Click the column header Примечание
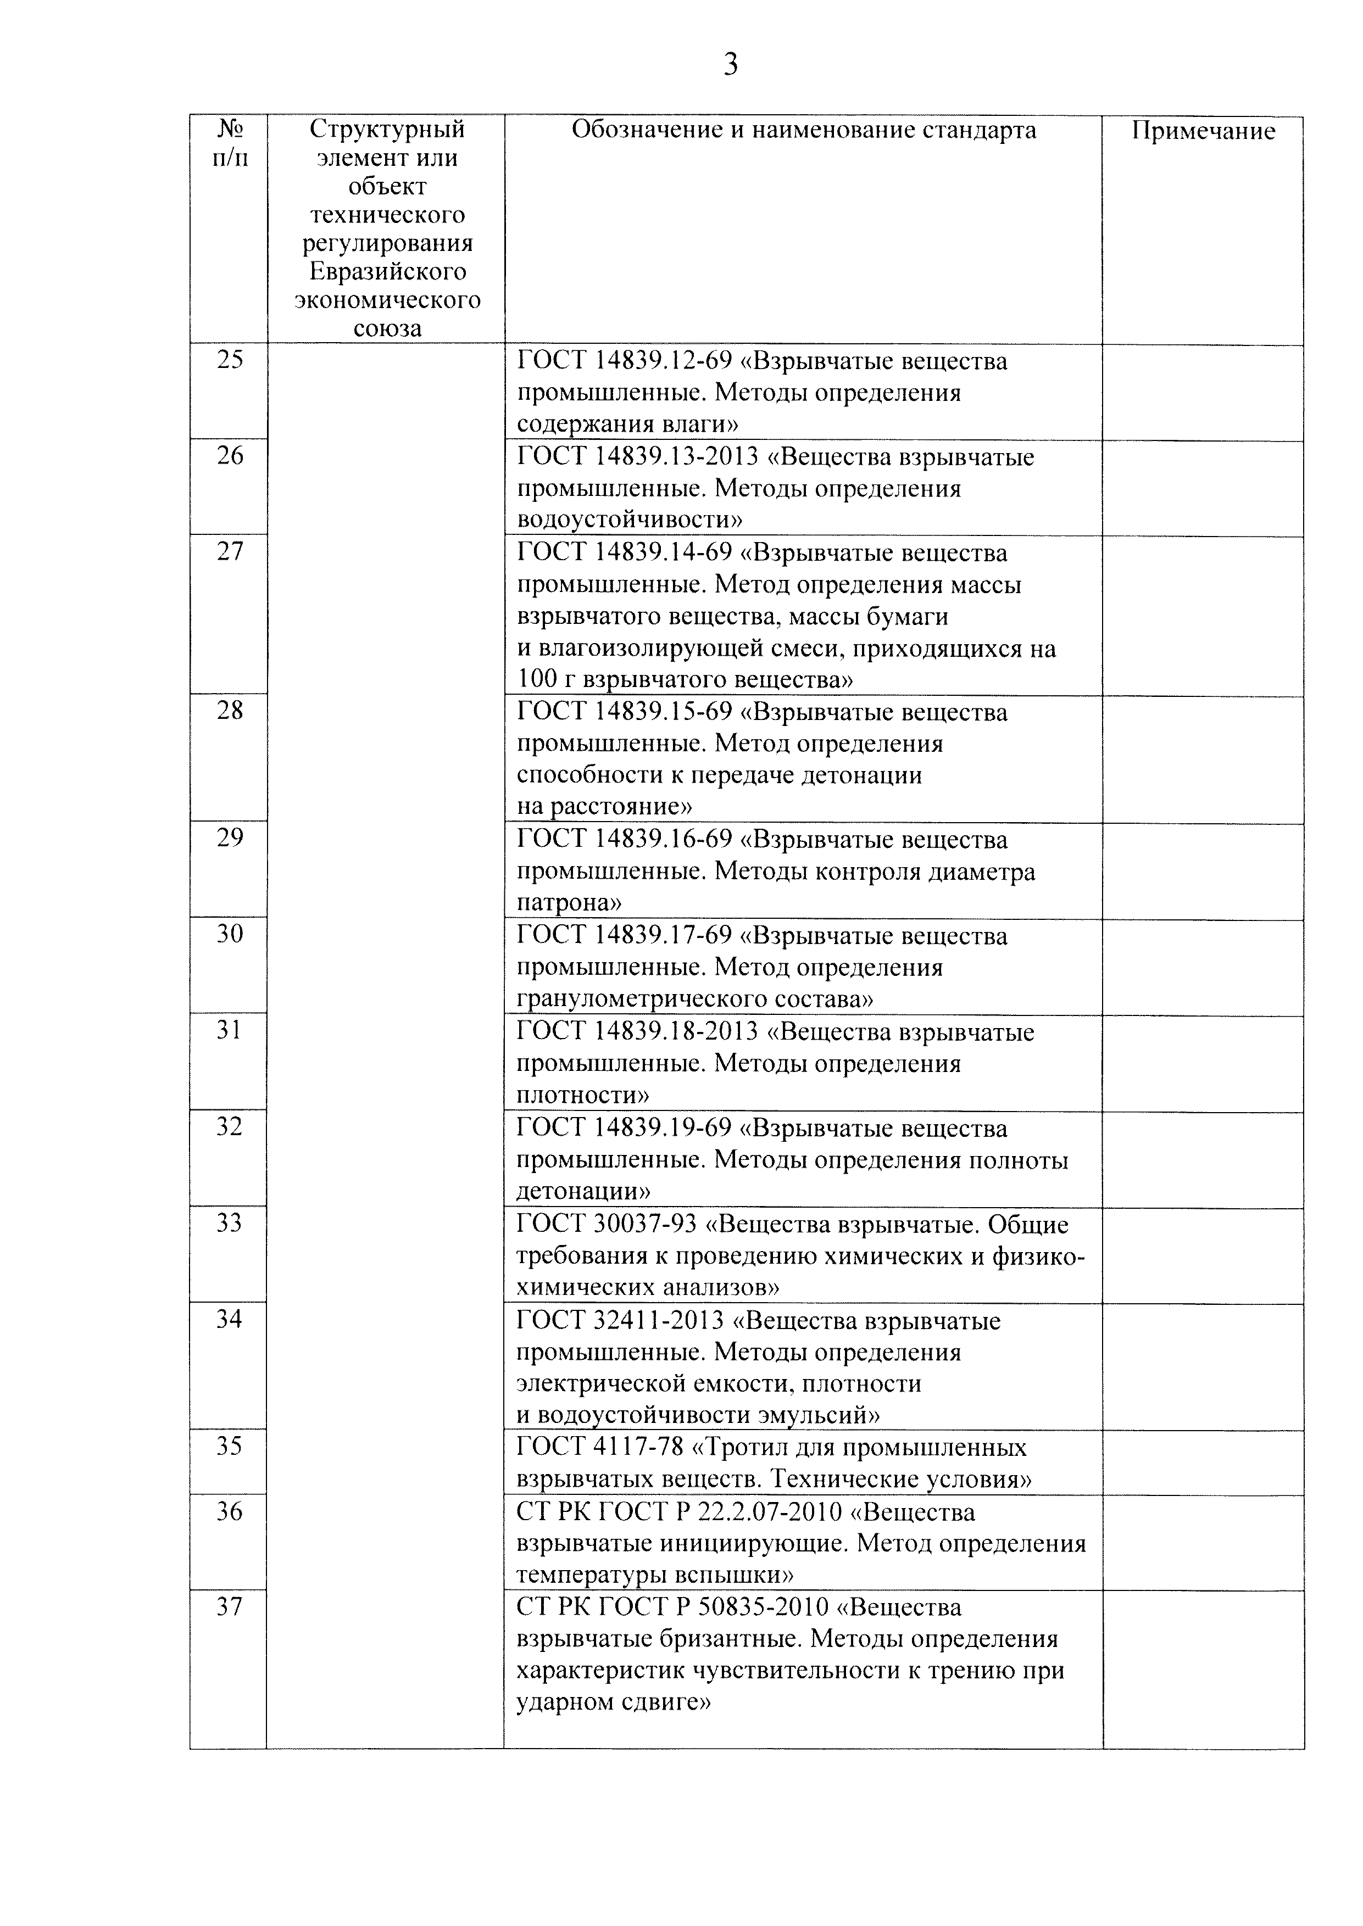[x=1203, y=131]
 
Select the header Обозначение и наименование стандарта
[x=803, y=130]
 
